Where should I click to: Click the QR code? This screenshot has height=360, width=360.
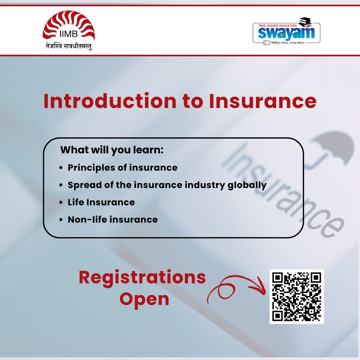click(x=296, y=297)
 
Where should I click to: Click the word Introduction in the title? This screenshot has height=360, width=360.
click(x=110, y=101)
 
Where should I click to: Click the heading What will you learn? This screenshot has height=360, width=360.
click(x=112, y=150)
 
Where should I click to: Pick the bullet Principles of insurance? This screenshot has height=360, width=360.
click(x=122, y=167)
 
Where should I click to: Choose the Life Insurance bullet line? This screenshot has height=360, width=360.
click(x=101, y=202)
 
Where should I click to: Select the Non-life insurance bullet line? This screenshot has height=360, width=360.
click(x=113, y=220)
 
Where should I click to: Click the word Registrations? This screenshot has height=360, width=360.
click(x=142, y=278)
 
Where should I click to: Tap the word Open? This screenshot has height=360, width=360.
click(x=144, y=299)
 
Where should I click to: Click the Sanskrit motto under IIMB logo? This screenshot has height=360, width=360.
click(x=69, y=46)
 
